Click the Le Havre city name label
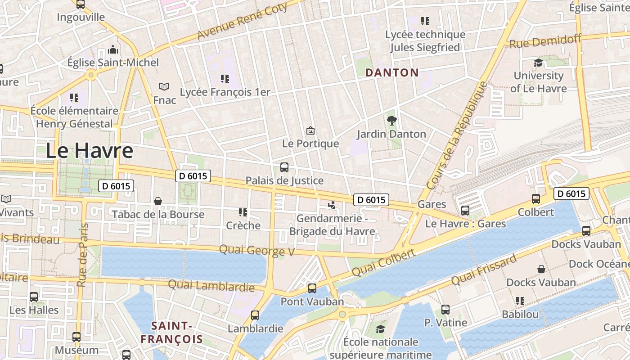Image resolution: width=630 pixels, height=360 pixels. coord(89,151)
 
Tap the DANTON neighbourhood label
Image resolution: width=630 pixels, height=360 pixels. coord(392,72)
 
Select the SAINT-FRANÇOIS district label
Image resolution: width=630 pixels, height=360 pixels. coord(171,332)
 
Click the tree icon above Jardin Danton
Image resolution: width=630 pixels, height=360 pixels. coord(392,121)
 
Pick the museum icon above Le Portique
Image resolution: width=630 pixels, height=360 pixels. coord(310,131)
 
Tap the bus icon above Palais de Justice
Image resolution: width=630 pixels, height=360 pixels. coord(284,167)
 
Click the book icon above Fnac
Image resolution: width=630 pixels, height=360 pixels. coord(164,86)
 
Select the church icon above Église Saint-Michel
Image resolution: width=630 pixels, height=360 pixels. coord(113,49)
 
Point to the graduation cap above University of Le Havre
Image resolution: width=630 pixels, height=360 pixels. coord(538,63)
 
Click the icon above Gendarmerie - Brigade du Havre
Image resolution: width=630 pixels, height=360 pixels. coord(332,206)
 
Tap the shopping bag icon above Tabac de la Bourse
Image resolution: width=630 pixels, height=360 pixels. coord(158,201)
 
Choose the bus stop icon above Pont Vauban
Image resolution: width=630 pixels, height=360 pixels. coord(312,288)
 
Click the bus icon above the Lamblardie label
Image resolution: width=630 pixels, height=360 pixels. coord(255,315)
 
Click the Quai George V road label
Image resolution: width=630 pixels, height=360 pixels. coord(256,250)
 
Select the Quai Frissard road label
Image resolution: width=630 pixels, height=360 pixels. coord(484,270)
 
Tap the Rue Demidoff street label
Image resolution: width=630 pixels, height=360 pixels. coord(545,41)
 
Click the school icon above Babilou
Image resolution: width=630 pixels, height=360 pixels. coord(520,301)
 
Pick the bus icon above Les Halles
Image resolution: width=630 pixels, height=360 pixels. coord(34,297)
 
